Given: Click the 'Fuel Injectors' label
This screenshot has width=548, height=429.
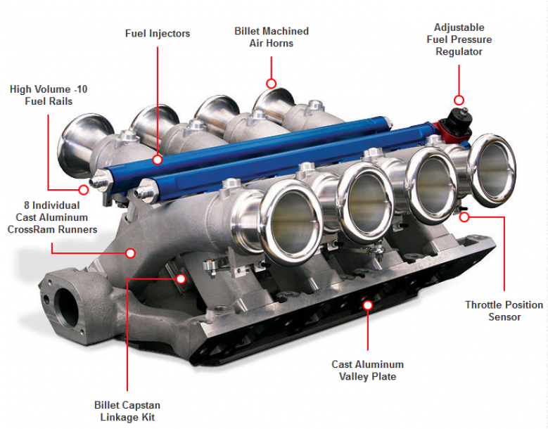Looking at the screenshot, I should pos(158,33).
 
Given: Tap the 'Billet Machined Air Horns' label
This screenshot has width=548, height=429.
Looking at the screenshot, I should pos(271,37).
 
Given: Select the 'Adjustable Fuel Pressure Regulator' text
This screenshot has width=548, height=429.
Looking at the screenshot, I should pos(459,39).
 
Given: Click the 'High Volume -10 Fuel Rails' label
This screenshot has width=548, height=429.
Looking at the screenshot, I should pos(49,95).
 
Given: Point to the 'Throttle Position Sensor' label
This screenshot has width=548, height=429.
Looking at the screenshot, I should pos(504,310).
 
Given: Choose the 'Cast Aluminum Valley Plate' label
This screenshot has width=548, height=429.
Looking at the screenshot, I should pos(367,370).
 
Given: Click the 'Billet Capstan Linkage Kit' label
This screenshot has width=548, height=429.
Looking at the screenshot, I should pos(127,411).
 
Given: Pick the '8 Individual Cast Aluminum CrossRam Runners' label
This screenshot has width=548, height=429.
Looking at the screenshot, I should pos(52,217).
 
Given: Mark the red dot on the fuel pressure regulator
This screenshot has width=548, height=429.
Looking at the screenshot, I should pos(459,100).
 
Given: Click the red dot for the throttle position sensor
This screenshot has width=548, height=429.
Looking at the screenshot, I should pos(464,217).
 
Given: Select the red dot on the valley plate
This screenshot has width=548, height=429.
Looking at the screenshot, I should pos(367,305).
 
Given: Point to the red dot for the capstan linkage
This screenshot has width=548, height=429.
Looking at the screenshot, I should pos(181,278).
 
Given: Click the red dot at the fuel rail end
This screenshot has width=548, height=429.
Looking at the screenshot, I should pos(84,188).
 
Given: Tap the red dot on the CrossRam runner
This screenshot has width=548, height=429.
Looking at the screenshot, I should pos(130,252).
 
